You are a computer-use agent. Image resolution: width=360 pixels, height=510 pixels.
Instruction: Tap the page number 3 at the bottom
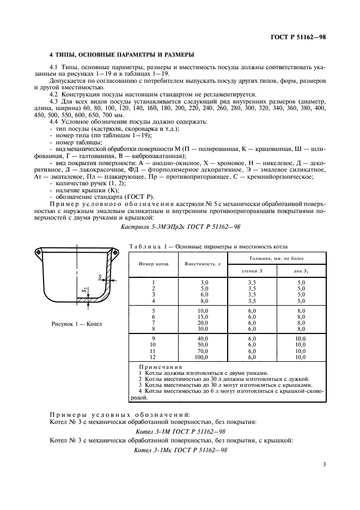(x=324, y=465)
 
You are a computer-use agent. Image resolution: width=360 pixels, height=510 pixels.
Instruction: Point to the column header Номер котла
(x=154, y=263)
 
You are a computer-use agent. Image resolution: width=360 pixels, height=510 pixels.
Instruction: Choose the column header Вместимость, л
(x=203, y=263)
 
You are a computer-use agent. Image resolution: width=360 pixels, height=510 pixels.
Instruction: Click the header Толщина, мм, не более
(x=277, y=257)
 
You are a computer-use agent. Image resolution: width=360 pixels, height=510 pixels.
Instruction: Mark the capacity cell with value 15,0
(x=202, y=317)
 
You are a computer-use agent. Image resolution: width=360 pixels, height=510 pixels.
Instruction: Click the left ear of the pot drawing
(x=38, y=251)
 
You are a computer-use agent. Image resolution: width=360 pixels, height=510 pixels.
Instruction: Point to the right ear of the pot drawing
(x=116, y=251)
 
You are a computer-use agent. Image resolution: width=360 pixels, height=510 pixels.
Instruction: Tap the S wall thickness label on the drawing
(x=101, y=278)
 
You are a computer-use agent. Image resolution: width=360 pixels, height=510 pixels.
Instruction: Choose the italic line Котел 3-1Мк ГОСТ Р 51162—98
(x=180, y=450)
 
